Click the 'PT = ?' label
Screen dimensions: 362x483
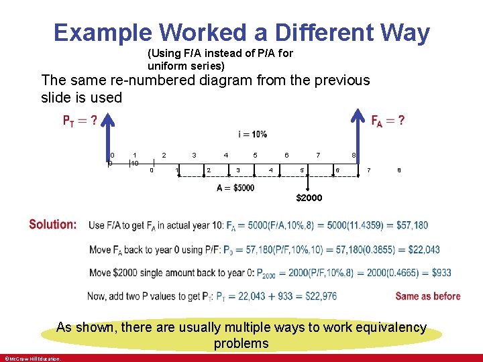pos(80,121)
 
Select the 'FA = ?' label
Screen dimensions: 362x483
pos(388,121)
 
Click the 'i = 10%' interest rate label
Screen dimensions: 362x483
pos(252,134)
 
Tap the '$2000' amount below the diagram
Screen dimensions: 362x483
pos(309,198)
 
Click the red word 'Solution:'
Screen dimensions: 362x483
pos(53,225)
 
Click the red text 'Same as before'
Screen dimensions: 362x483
pos(427,296)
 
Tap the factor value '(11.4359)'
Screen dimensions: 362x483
pos(365,225)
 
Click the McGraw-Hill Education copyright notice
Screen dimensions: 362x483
pos(32,358)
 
